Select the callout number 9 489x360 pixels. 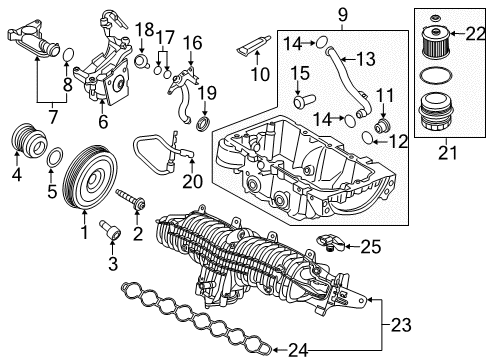point(313,15)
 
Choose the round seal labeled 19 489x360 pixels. point(202,123)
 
